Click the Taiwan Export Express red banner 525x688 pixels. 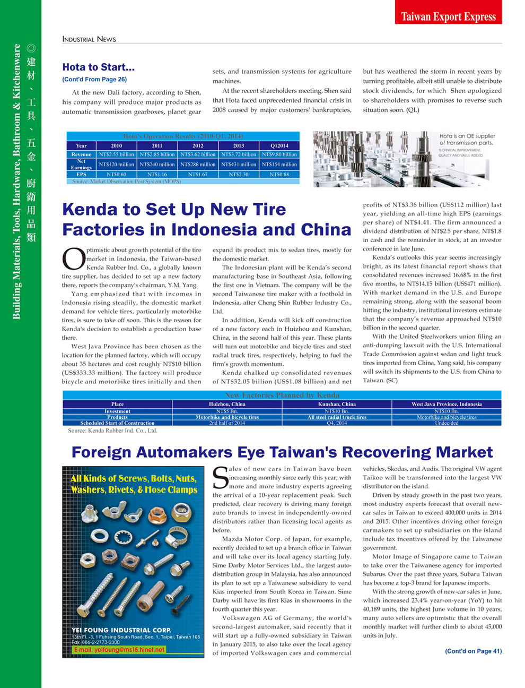pos(448,16)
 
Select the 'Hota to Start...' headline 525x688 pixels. pos(99,67)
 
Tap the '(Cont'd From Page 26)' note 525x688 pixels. pos(94,80)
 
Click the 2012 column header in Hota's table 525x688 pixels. pos(198,145)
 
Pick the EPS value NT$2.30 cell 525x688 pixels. pos(239,174)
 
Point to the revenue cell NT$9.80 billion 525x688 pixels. pos(279,154)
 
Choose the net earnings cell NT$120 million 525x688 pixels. pos(116,165)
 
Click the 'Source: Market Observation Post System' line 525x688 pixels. pos(126,182)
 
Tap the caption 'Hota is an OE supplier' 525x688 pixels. pos(467,136)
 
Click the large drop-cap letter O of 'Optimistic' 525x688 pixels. pos(73,259)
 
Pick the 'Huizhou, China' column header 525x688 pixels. pos(227,404)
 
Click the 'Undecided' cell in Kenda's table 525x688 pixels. pos(447,423)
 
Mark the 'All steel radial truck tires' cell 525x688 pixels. pos(337,417)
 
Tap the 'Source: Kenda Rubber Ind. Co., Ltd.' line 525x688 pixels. pos(112,431)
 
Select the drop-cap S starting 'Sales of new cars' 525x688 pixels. pos(220,478)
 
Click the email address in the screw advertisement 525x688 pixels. pos(119,650)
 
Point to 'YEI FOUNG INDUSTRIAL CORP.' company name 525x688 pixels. pos(121,630)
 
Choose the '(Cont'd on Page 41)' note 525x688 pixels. pos(473,651)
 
